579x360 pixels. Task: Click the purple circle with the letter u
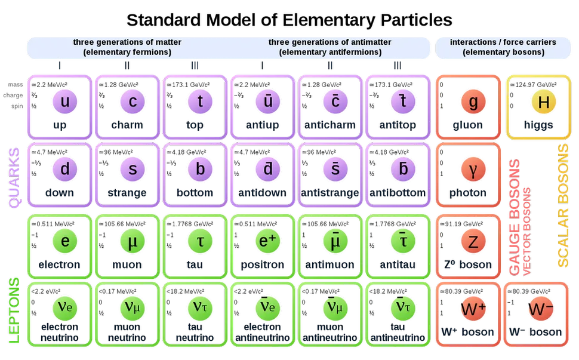coord(64,101)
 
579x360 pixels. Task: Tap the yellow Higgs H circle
coord(544,101)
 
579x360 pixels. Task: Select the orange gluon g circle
coord(473,101)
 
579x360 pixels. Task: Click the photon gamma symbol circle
coord(473,169)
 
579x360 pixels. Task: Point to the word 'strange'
coord(127,193)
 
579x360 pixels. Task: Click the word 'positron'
coord(262,264)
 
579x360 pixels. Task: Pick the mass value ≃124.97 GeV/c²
coord(533,85)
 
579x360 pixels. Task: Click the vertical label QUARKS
coord(14,177)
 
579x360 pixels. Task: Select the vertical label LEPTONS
coord(14,310)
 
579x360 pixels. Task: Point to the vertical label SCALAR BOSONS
coord(563,205)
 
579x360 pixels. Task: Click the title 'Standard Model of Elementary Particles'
coord(289,20)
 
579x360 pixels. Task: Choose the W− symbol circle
coord(541,309)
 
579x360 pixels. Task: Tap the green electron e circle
coord(64,241)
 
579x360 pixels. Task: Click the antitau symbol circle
coord(403,241)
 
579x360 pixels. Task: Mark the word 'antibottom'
coord(398,193)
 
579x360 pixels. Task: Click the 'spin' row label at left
coord(17,106)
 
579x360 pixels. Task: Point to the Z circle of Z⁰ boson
coord(473,241)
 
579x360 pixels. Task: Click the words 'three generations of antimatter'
coord(329,42)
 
